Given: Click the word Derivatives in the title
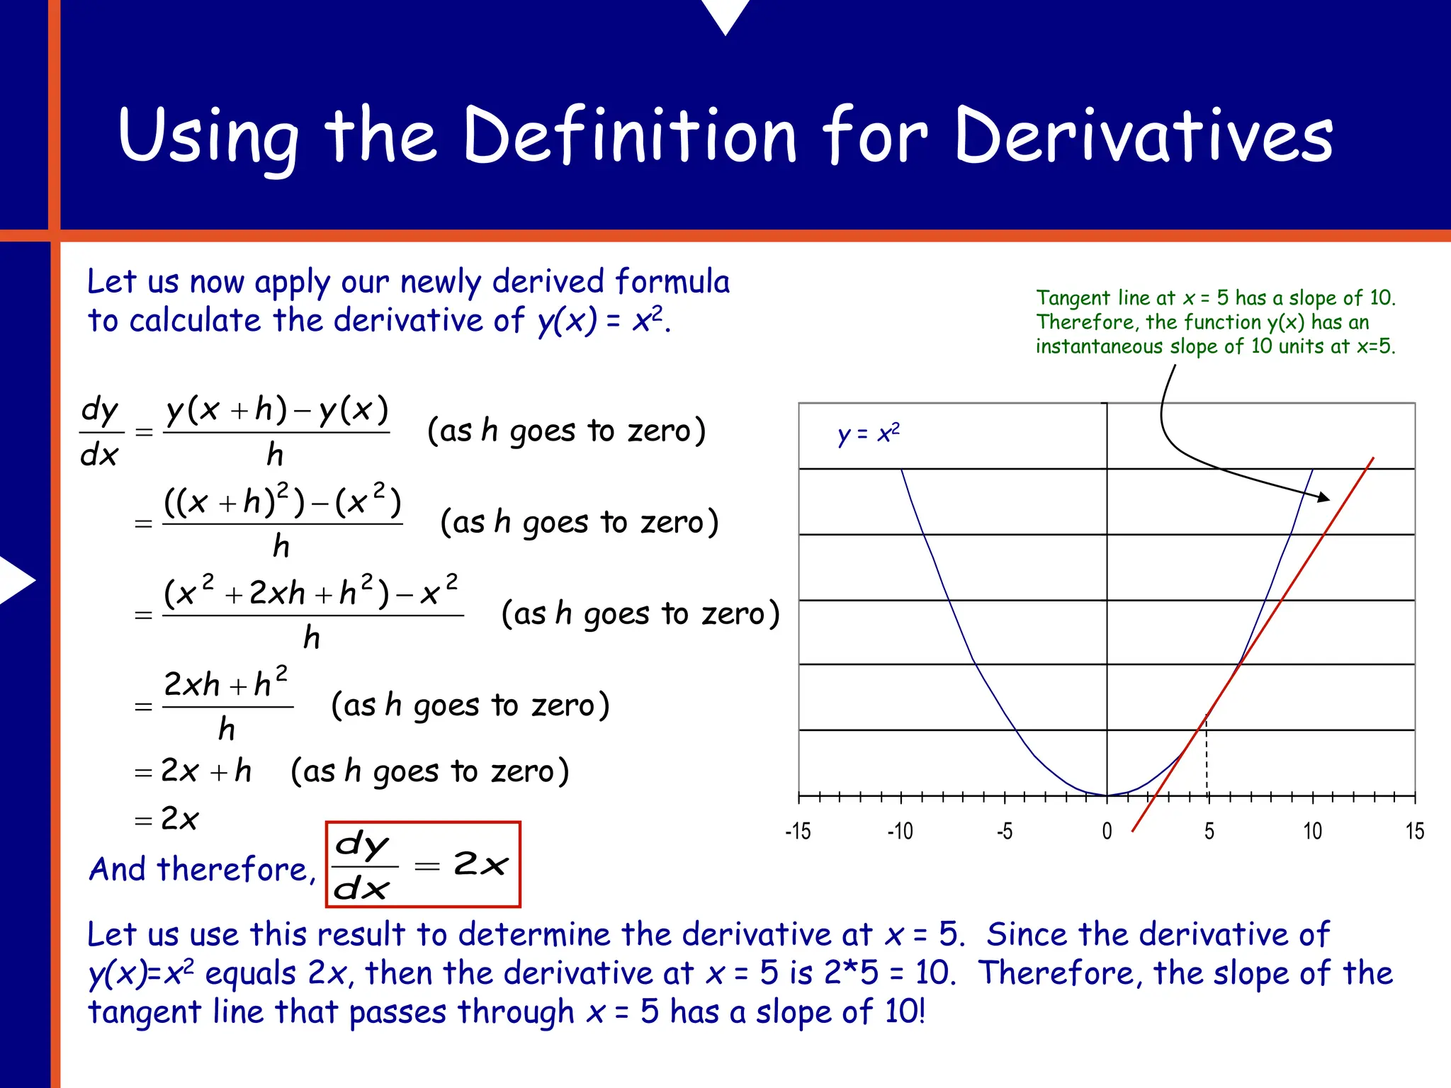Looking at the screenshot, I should [1144, 136].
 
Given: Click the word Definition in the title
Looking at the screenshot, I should [631, 136].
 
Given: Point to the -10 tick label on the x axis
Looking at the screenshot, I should [900, 831].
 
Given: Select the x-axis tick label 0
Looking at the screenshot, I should [1107, 831].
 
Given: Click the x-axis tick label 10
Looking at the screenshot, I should [1312, 831].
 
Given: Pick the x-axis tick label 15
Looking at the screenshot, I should [1414, 831].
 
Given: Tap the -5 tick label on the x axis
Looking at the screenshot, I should [1004, 831].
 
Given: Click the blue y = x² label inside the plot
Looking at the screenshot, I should [868, 433].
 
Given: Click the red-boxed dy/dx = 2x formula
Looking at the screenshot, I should [423, 864].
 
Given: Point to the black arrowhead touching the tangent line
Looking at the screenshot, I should [1323, 498].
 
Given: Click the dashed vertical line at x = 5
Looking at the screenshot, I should [1207, 758].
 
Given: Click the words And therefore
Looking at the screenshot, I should [202, 869].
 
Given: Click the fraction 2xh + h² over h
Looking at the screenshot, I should [227, 705].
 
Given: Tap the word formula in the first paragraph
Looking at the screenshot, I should [672, 281].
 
